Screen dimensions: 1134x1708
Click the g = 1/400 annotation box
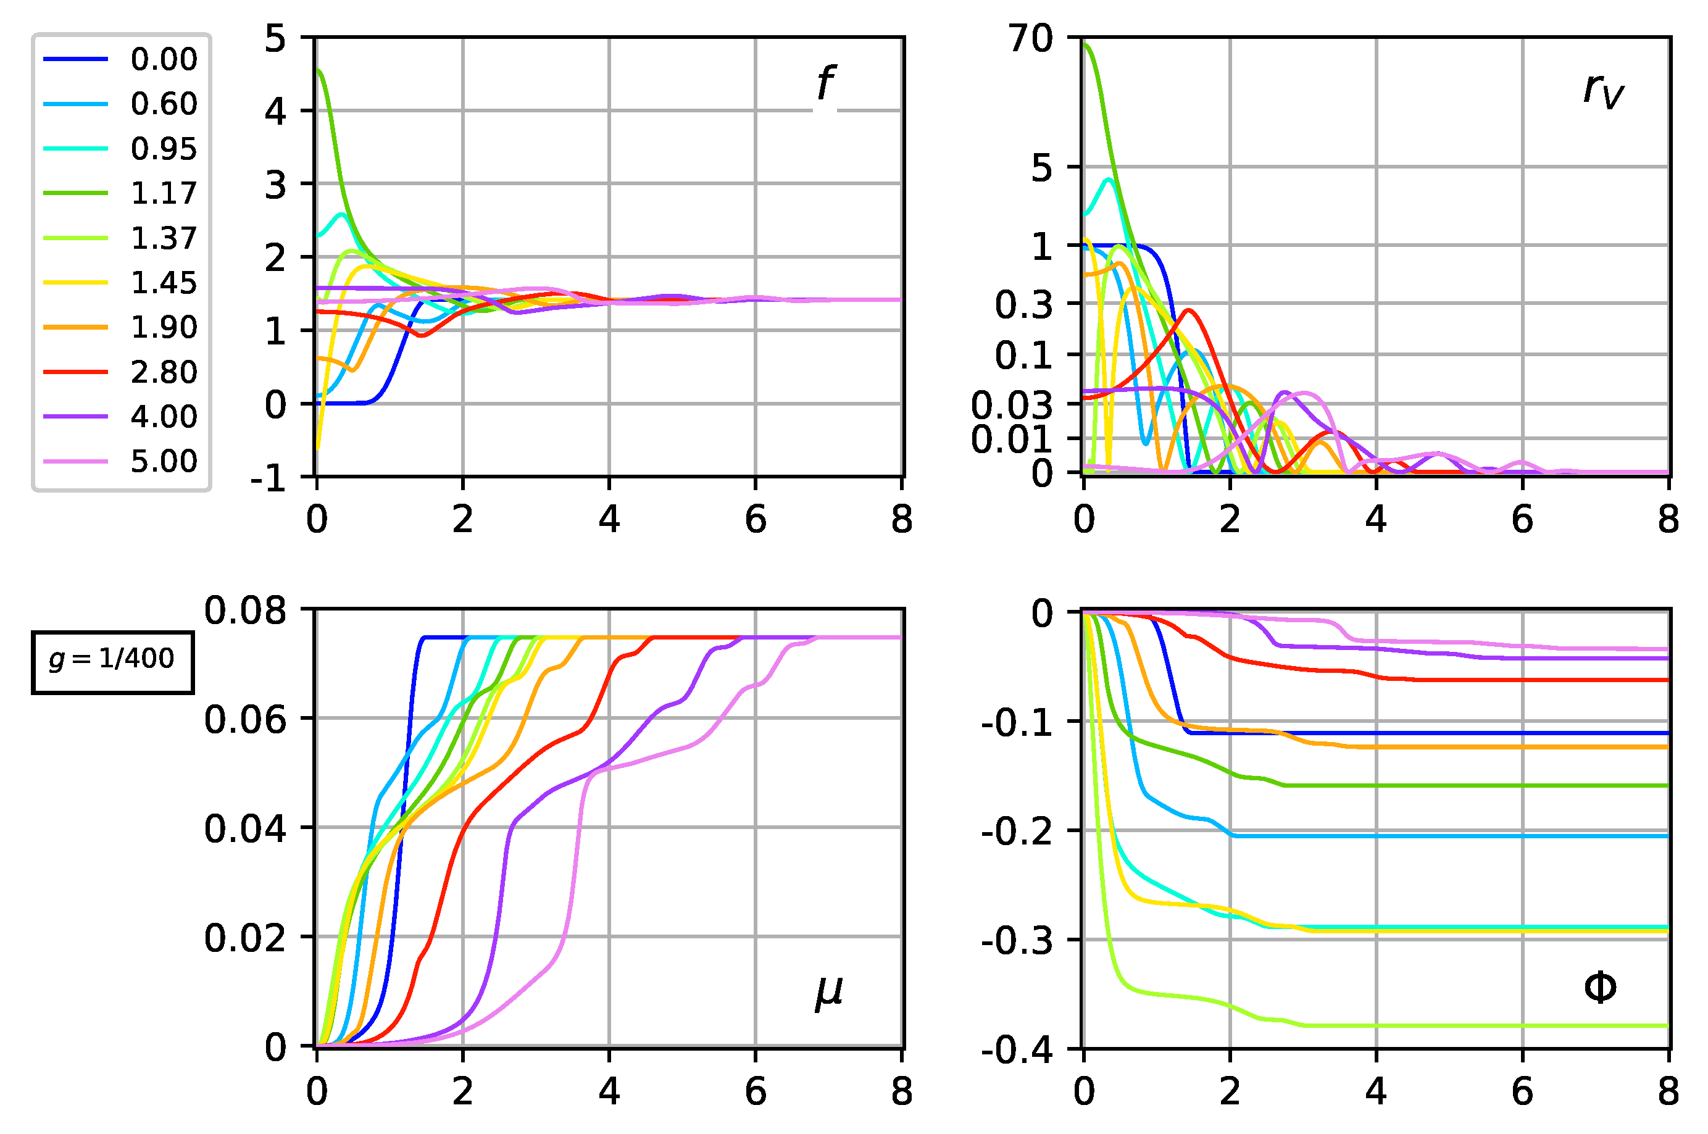(112, 662)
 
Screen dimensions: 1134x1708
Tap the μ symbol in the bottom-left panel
(828, 992)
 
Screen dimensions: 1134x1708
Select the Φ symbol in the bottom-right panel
(1599, 987)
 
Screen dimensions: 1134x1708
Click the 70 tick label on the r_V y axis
(1031, 38)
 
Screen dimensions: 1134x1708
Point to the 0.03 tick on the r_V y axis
(1012, 405)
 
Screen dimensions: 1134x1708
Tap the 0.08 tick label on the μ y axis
(245, 611)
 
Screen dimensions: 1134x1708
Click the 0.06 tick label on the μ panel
(245, 720)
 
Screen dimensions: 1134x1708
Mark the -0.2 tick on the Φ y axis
(1017, 832)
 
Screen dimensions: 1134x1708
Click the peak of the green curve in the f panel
(320, 70)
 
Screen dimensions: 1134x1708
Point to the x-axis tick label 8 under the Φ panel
(1667, 1092)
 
